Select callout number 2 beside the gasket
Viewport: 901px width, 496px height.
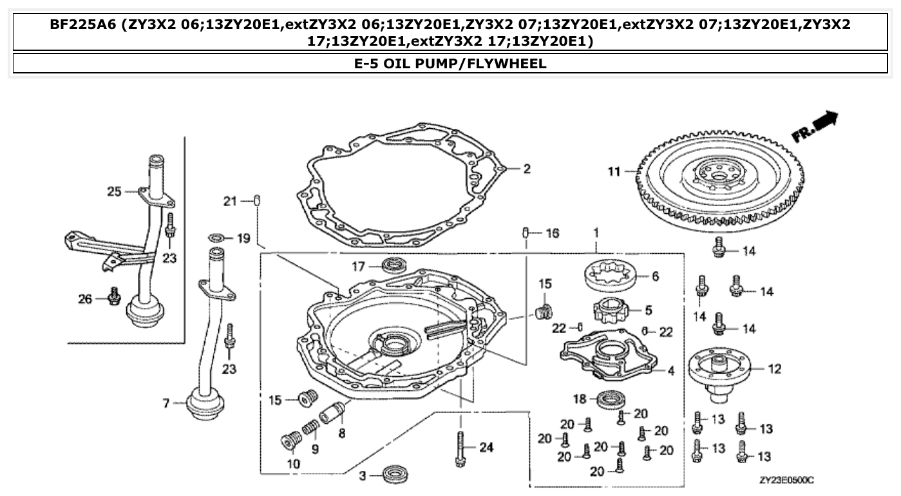526,169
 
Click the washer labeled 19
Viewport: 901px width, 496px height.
218,239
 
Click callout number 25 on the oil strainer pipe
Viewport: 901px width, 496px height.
113,191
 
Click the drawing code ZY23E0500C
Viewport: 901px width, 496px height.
786,480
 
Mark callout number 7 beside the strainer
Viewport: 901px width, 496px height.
166,403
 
